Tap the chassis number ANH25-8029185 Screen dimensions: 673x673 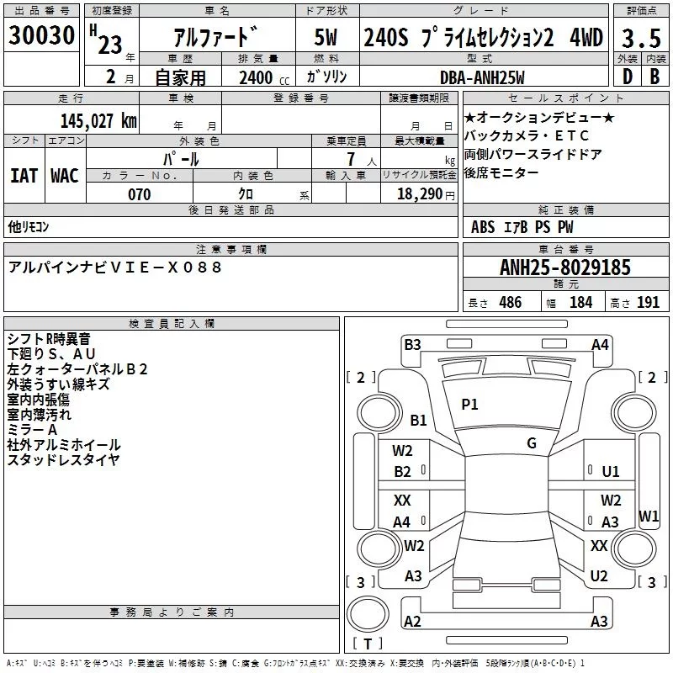click(564, 268)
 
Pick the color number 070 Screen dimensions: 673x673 click(139, 194)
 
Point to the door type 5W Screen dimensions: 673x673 click(326, 39)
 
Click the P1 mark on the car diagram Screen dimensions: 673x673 click(469, 405)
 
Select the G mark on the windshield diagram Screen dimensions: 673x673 click(531, 443)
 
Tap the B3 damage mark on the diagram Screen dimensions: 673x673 click(412, 344)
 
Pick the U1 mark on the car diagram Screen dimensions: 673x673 click(611, 472)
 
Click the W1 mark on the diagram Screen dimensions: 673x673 click(649, 516)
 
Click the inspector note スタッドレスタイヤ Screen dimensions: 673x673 click(64, 459)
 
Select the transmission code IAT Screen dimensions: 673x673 click(24, 175)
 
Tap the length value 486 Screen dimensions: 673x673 click(510, 303)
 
